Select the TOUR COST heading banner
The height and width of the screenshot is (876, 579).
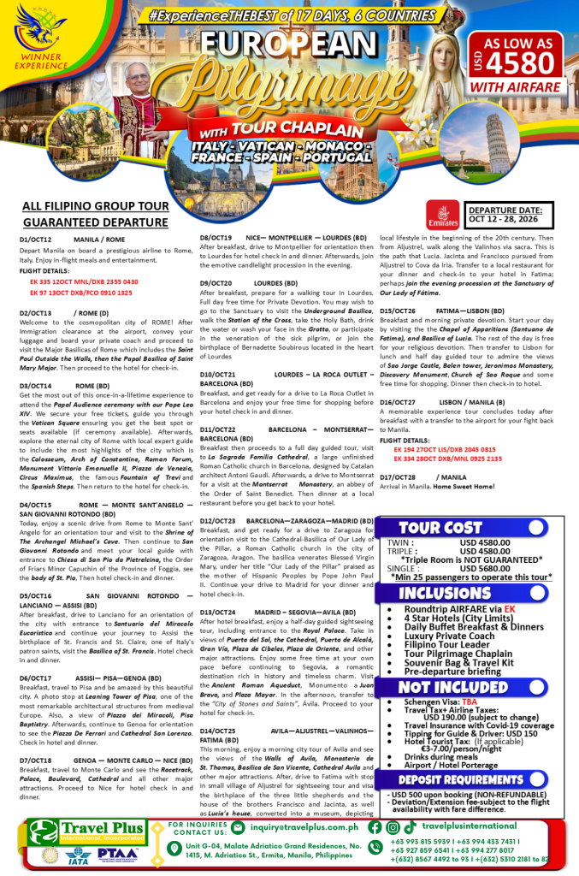(x=446, y=504)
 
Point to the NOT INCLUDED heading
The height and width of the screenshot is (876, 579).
(x=446, y=687)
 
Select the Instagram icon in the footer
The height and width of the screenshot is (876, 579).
(x=393, y=827)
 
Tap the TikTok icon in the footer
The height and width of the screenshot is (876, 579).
(x=411, y=827)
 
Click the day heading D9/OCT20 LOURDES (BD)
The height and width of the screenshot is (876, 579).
(x=249, y=283)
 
